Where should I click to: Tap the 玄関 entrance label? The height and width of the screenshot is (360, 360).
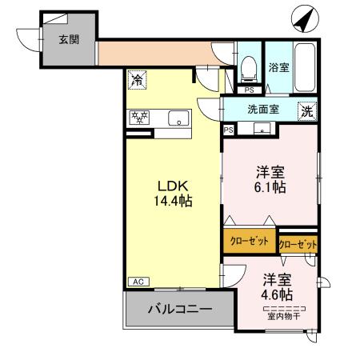click(x=67, y=38)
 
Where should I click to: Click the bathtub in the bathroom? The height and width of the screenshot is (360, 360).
click(x=305, y=66)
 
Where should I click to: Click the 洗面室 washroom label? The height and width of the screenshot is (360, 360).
click(x=262, y=110)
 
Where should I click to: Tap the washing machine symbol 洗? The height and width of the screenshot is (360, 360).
click(x=306, y=112)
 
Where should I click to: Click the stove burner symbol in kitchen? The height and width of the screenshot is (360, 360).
click(x=140, y=118)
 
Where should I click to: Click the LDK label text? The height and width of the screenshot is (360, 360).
click(x=171, y=182)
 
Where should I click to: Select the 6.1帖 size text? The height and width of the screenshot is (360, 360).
click(x=270, y=188)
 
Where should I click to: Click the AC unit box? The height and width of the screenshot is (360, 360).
click(x=137, y=282)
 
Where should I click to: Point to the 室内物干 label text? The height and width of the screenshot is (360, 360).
click(x=285, y=315)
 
